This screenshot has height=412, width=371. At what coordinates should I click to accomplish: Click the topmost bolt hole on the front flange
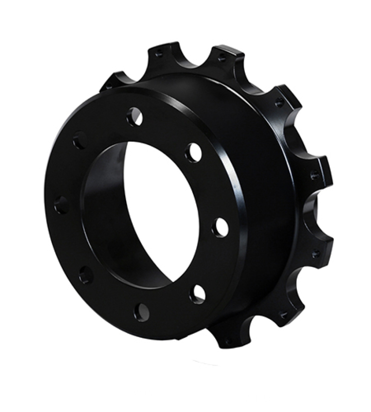click(x=134, y=116)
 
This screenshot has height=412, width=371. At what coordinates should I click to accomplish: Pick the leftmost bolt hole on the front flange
click(x=61, y=205)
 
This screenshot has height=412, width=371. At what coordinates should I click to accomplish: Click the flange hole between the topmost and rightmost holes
click(x=193, y=152)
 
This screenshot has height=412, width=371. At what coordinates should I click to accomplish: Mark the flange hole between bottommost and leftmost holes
click(x=86, y=274)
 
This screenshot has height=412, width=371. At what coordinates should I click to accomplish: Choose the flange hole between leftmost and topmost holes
click(x=79, y=139)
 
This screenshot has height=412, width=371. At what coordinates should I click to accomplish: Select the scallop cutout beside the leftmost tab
click(x=134, y=70)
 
